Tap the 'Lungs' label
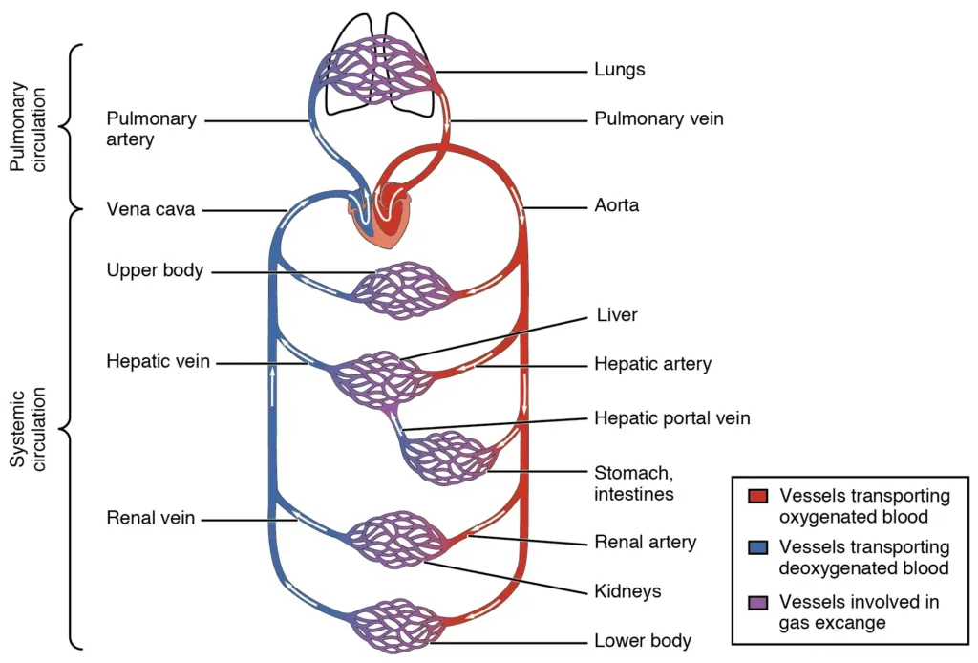pyautogui.click(x=619, y=70)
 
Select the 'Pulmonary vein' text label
pyautogui.click(x=658, y=119)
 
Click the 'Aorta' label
pyautogui.click(x=616, y=205)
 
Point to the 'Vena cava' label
pyautogui.click(x=150, y=209)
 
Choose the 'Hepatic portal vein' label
pyautogui.click(x=671, y=418)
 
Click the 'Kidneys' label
pyautogui.click(x=627, y=591)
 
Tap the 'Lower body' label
pyautogui.click(x=642, y=640)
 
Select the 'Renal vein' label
pyautogui.click(x=151, y=519)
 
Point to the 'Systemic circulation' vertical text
pyautogui.click(x=26, y=428)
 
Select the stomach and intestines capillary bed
pyautogui.click(x=448, y=457)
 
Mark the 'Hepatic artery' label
pyautogui.click(x=652, y=364)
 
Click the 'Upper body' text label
pyautogui.click(x=155, y=270)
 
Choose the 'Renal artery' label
pyautogui.click(x=645, y=543)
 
